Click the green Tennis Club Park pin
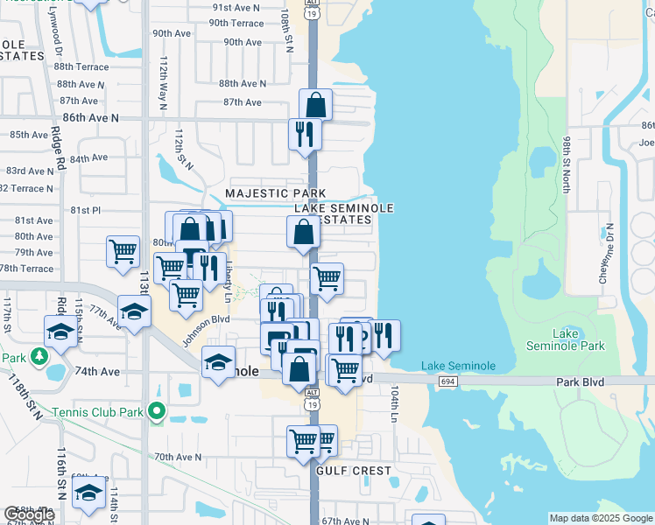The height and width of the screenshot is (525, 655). (x=156, y=410)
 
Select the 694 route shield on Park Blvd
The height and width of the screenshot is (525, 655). (x=447, y=381)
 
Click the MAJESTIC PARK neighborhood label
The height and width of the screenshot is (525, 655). (x=275, y=192)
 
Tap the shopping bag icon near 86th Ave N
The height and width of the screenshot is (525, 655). (x=315, y=106)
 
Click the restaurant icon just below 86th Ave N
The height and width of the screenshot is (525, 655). (x=305, y=135)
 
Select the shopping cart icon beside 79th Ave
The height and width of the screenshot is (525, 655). (x=123, y=252)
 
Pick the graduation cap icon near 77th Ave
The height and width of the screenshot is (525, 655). (x=134, y=311)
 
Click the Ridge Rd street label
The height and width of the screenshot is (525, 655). (x=60, y=150)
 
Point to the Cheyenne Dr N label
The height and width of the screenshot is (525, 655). (x=603, y=253)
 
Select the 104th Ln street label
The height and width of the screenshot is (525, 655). (x=395, y=407)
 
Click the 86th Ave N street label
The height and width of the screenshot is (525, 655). (x=90, y=116)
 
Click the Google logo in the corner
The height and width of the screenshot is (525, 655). (x=29, y=514)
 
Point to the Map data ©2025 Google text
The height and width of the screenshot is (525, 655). (x=601, y=518)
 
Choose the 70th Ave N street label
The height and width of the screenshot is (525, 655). (x=178, y=457)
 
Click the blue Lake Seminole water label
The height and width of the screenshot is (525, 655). (x=458, y=366)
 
